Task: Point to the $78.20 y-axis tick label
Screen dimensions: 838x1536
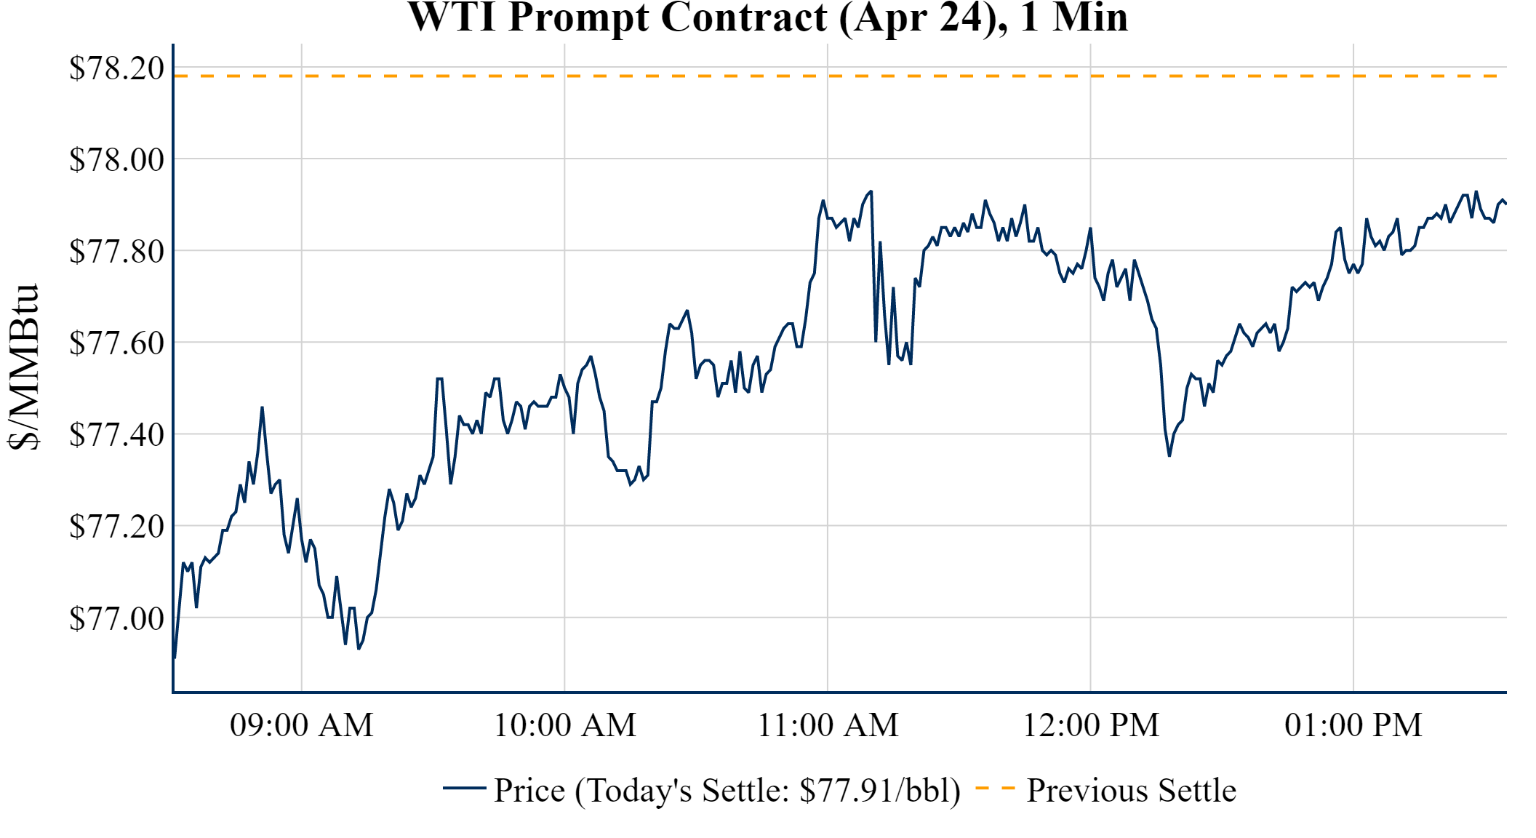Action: pos(116,68)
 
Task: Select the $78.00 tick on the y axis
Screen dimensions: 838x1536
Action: pos(116,159)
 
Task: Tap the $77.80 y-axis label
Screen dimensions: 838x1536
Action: pos(116,251)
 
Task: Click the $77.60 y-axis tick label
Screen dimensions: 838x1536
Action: pos(116,343)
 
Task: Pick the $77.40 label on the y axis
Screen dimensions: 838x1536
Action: pos(116,434)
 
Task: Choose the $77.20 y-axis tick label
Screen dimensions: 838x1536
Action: pos(116,526)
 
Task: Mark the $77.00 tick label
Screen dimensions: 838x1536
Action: pos(116,618)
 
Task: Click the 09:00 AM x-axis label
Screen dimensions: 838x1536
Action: pos(302,725)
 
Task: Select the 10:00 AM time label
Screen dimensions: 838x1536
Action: pos(565,725)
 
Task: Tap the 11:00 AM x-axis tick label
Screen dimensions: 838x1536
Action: pos(828,725)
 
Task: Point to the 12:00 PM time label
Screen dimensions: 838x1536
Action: pos(1091,725)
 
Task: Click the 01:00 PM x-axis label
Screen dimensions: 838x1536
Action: pos(1353,725)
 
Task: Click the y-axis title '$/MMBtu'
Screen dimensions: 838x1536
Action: pos(23,367)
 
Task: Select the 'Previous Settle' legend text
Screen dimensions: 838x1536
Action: pos(1131,791)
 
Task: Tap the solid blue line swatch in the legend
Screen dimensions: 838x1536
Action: pos(464,788)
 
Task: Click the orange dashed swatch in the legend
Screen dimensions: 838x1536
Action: pos(995,788)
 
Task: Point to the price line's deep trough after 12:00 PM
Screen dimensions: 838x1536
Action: pos(1169,455)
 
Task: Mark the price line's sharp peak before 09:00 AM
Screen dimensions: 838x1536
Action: pos(262,407)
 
